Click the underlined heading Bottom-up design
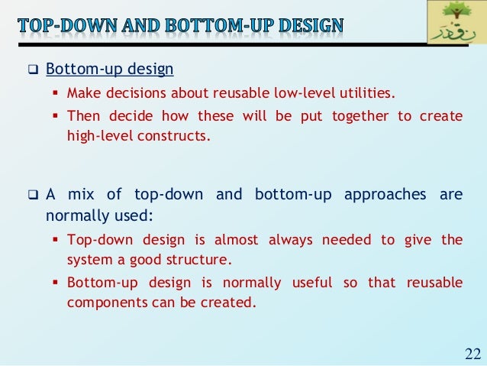pos(110,70)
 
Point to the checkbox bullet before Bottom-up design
pos(32,71)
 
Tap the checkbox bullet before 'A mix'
pos(32,195)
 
